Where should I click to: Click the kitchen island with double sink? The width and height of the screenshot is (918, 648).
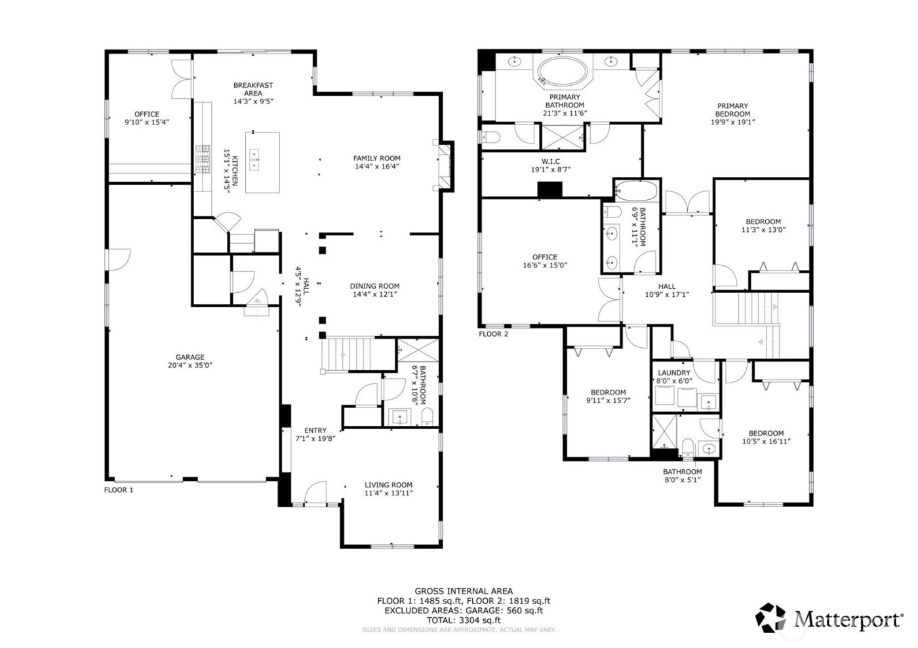click(x=262, y=162)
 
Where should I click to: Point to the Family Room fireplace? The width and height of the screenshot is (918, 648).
click(x=445, y=166)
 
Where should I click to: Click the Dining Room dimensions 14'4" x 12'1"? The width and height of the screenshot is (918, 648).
click(x=374, y=294)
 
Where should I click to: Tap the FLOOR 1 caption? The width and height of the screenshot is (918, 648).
click(x=119, y=489)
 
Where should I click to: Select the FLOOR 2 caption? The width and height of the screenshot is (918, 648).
click(x=493, y=334)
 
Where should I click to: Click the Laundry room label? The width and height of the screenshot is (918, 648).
click(x=673, y=373)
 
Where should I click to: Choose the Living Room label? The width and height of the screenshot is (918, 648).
click(x=388, y=485)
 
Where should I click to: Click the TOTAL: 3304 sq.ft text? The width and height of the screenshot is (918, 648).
click(x=464, y=619)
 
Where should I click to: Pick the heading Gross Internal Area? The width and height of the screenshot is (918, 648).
click(x=464, y=591)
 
